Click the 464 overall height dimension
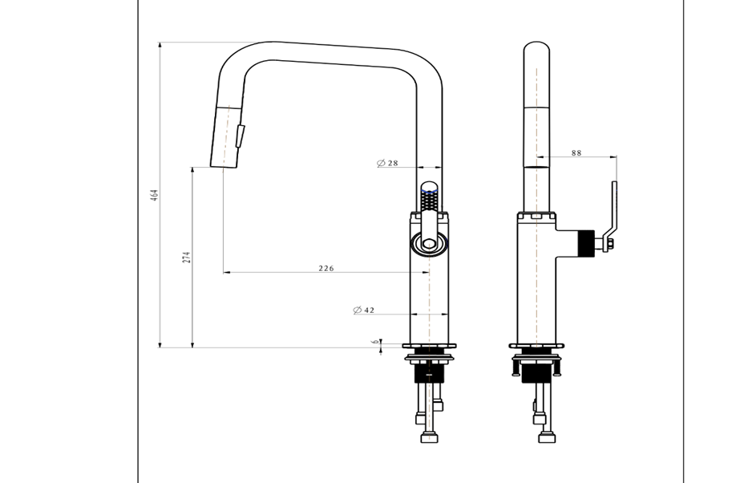155,195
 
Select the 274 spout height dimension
187,257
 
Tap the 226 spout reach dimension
326,268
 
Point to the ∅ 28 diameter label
388,163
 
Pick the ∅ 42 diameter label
364,310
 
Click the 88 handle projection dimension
576,152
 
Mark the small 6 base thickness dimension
375,342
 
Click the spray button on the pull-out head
240,136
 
